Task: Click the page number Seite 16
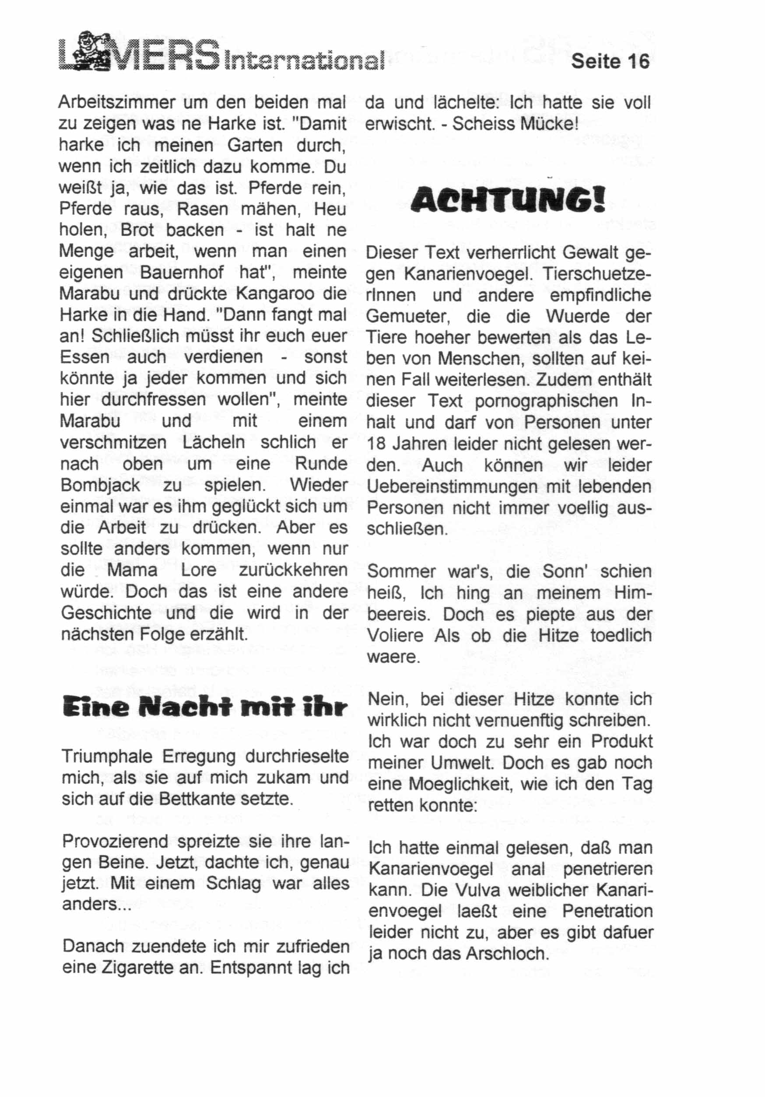[x=610, y=62]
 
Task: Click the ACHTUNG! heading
[x=508, y=200]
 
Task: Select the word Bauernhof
[x=182, y=273]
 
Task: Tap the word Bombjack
[x=100, y=486]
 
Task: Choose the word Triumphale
[x=108, y=756]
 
